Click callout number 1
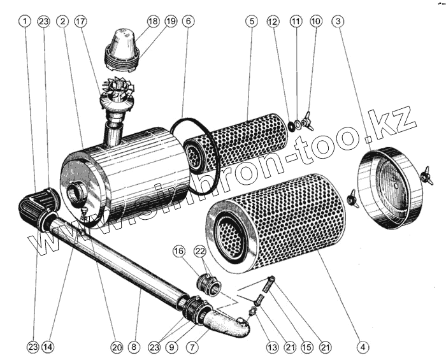(x=24, y=21)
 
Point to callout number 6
(x=187, y=21)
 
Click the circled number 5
(x=252, y=21)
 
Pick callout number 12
(x=273, y=21)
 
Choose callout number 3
(x=339, y=21)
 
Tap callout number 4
(x=363, y=347)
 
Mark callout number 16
(x=178, y=252)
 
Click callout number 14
(x=48, y=347)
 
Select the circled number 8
(x=133, y=347)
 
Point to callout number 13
(x=273, y=347)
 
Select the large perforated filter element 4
(x=274, y=220)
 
